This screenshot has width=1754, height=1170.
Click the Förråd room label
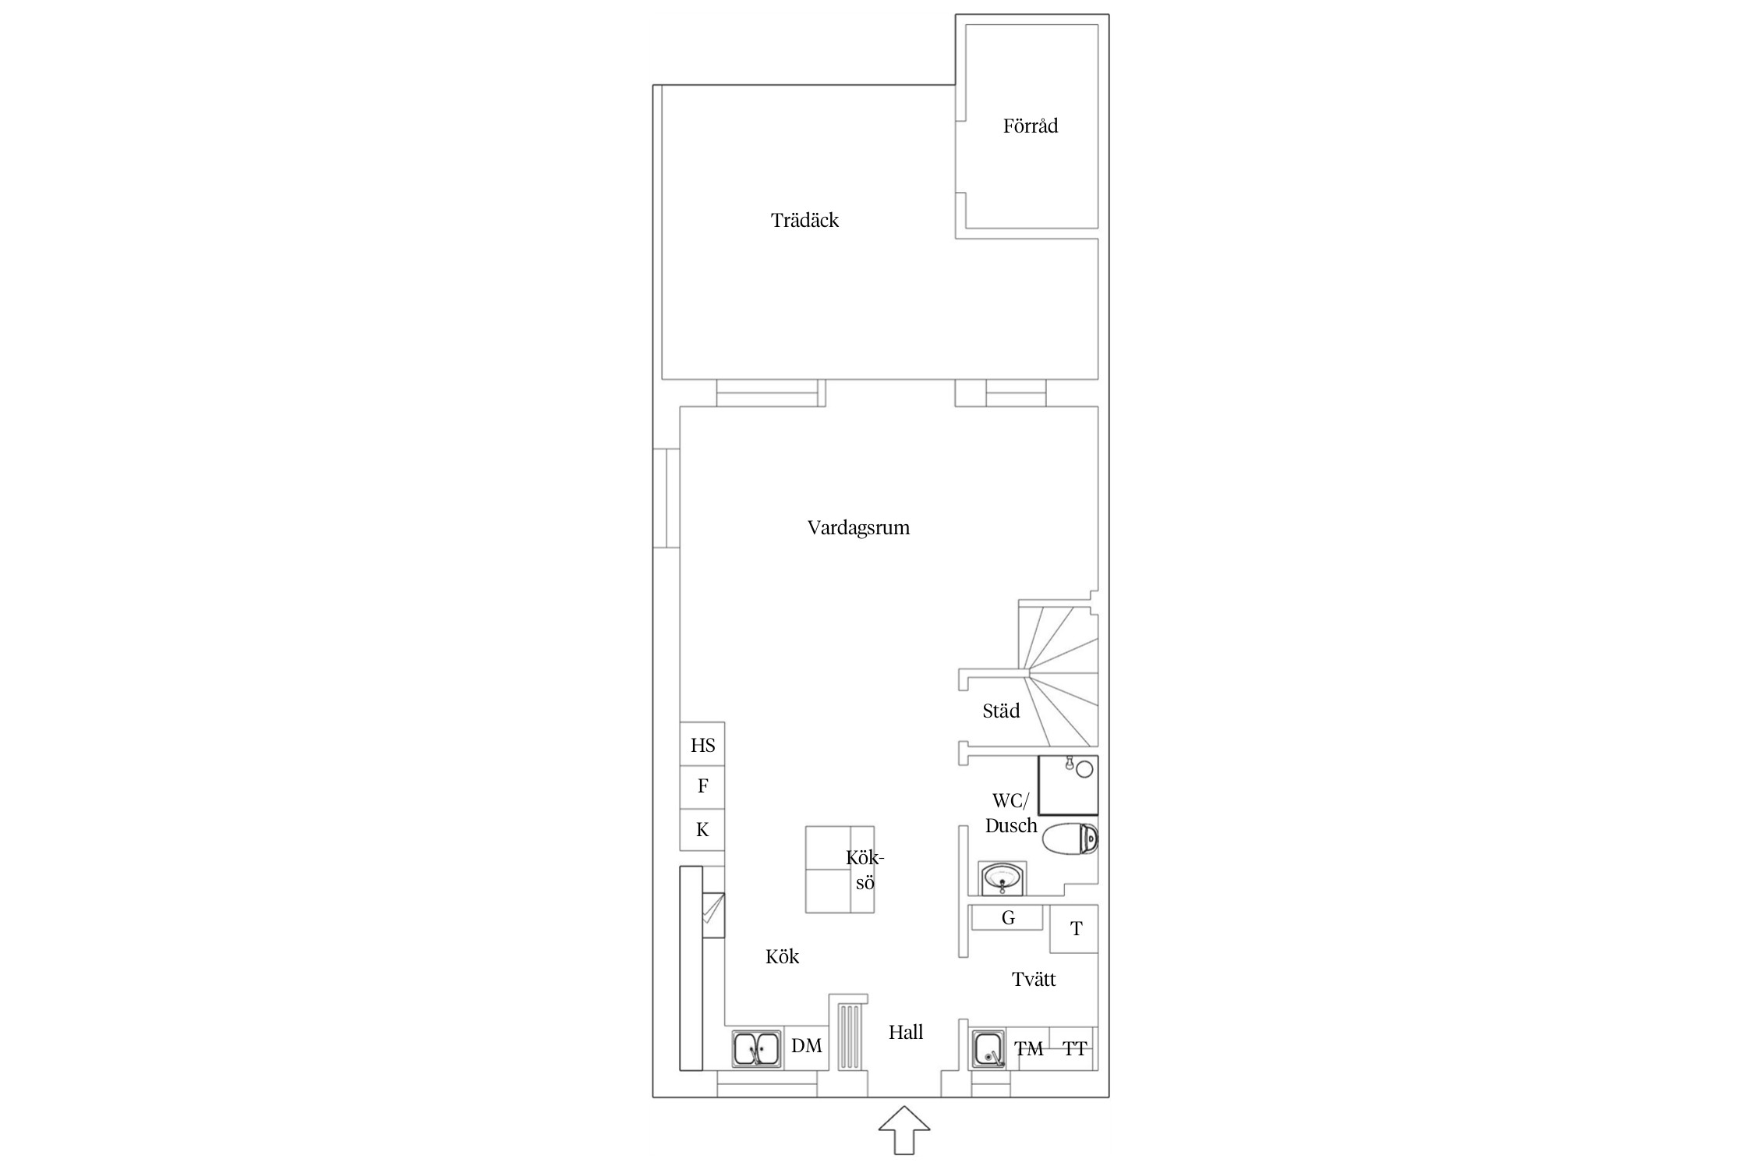[1030, 126]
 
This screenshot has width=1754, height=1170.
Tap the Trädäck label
[805, 221]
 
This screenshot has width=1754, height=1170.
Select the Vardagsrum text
[858, 528]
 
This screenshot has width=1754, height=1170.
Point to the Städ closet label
[1001, 711]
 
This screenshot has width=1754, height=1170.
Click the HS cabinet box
[702, 745]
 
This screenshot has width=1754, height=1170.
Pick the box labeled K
[702, 830]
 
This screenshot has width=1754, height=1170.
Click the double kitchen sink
[210, 1048]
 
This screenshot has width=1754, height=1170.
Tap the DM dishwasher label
[806, 1046]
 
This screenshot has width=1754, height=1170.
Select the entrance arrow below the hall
[904, 1129]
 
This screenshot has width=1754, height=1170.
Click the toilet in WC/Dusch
[1069, 838]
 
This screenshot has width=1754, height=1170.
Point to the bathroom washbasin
[1003, 879]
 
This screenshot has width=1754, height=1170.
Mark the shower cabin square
[1068, 785]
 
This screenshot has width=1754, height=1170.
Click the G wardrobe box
[1007, 918]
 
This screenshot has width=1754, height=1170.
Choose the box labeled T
[1074, 929]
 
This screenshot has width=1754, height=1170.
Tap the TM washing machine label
[1029, 1050]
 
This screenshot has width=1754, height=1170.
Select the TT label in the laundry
[1074, 1049]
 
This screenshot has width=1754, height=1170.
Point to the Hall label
[906, 1033]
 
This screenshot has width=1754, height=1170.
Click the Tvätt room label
[1034, 980]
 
